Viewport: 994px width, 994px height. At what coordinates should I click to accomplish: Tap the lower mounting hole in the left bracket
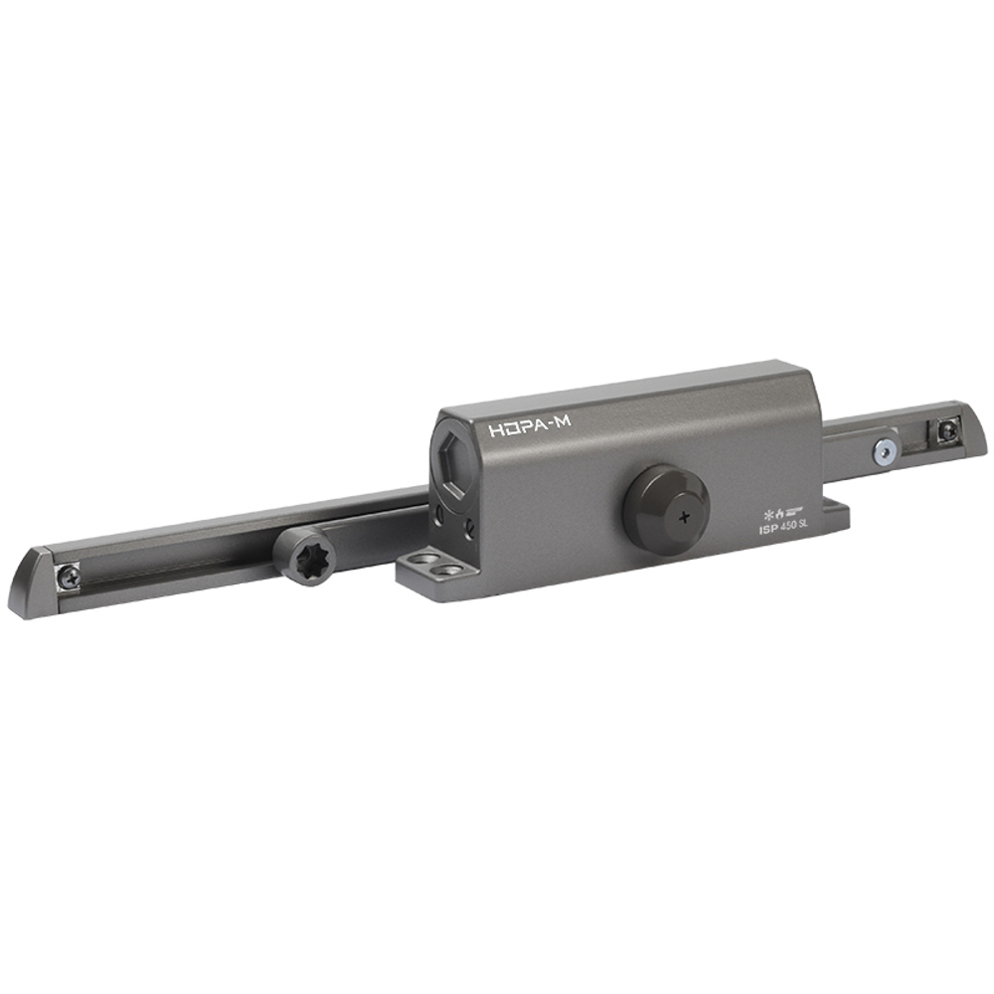coord(454,573)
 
